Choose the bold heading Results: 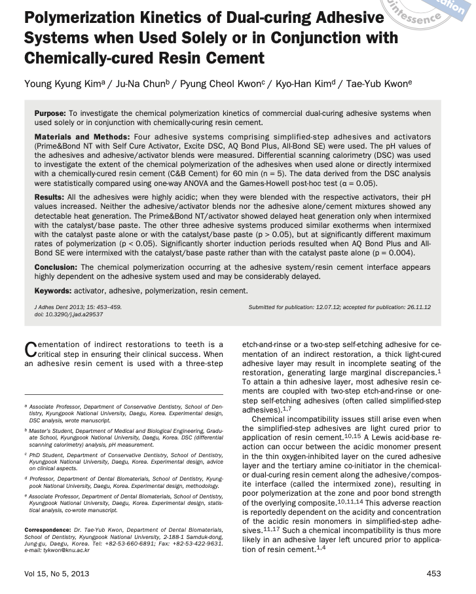coord(49,196)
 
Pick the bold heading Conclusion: coord(56,267)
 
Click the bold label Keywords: coord(53,290)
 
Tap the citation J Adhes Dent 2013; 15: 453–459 coord(78,307)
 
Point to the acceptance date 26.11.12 coord(416,307)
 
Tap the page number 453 coord(433,574)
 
